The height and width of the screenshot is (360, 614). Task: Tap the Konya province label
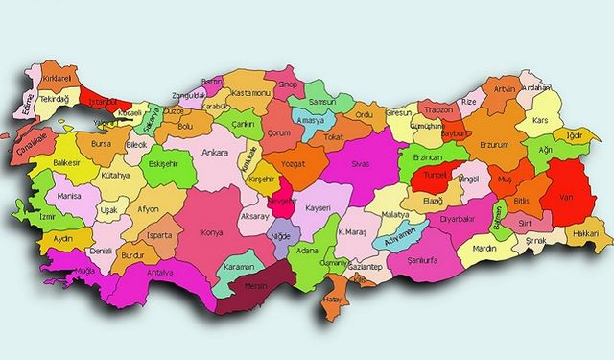point(211,232)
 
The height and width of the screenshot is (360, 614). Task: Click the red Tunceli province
point(437,178)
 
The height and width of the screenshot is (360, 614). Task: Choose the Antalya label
point(160,273)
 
